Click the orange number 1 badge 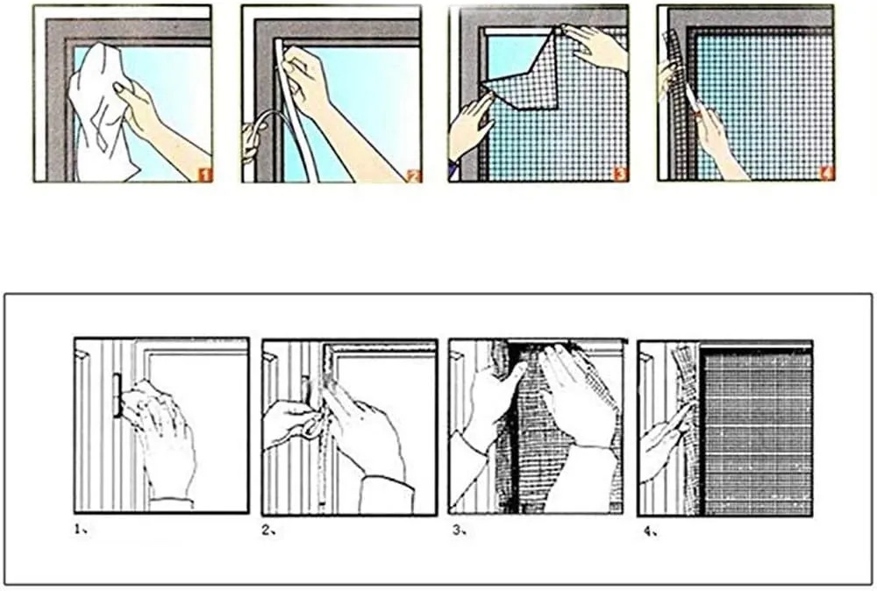click(205, 175)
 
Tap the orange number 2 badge click(414, 176)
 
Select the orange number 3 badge click(620, 174)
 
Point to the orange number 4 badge click(827, 174)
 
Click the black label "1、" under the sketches click(81, 529)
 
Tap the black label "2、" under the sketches click(268, 530)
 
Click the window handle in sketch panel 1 click(116, 395)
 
